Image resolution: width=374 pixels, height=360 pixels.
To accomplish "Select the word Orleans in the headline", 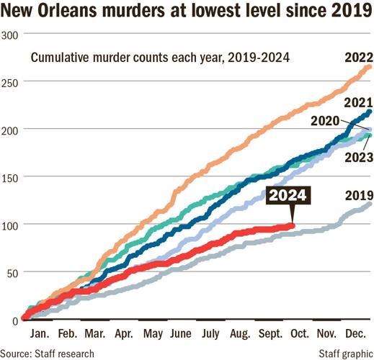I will coord(77,12).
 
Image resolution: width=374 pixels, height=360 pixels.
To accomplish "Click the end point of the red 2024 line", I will coord(292,225).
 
